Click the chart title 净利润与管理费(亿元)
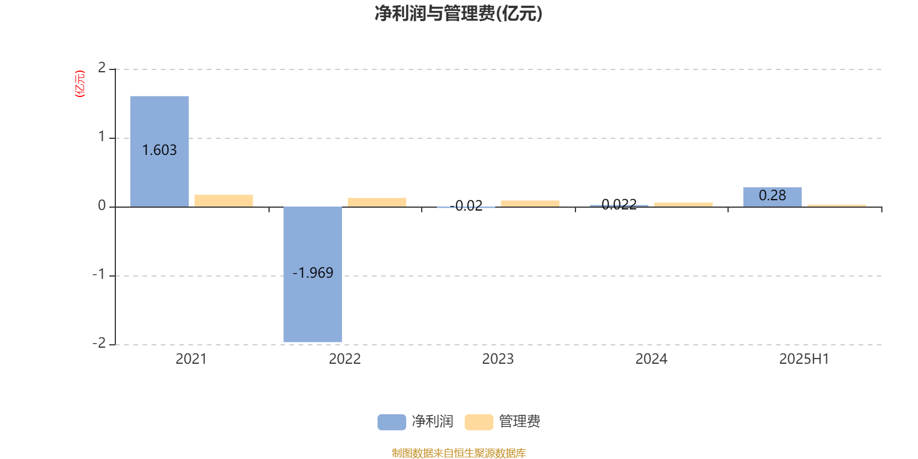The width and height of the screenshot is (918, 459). pyautogui.click(x=458, y=14)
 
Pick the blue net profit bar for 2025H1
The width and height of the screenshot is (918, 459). pyautogui.click(x=772, y=197)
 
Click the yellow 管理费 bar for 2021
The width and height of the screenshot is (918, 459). pyautogui.click(x=224, y=201)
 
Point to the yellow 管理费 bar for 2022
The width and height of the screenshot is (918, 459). pyautogui.click(x=377, y=202)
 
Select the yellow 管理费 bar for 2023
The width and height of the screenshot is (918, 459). pyautogui.click(x=530, y=204)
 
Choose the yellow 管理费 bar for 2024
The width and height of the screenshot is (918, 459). pyautogui.click(x=683, y=205)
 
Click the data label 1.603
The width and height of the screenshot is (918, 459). pyautogui.click(x=160, y=150)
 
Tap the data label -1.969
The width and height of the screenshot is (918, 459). pyautogui.click(x=313, y=273)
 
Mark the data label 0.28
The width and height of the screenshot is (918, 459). pyautogui.click(x=772, y=196)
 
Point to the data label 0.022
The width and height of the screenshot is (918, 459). pyautogui.click(x=619, y=205)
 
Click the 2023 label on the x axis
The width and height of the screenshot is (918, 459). pyautogui.click(x=497, y=359)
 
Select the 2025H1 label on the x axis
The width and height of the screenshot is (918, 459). pyautogui.click(x=804, y=359)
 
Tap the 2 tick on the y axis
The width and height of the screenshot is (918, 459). pyautogui.click(x=102, y=68)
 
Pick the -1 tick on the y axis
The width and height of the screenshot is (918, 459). pyautogui.click(x=99, y=275)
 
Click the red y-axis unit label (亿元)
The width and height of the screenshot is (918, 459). pyautogui.click(x=80, y=84)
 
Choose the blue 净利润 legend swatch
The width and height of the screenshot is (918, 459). pyautogui.click(x=391, y=422)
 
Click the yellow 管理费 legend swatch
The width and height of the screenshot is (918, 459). pyautogui.click(x=479, y=422)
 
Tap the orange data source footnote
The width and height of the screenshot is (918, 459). pyautogui.click(x=458, y=453)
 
